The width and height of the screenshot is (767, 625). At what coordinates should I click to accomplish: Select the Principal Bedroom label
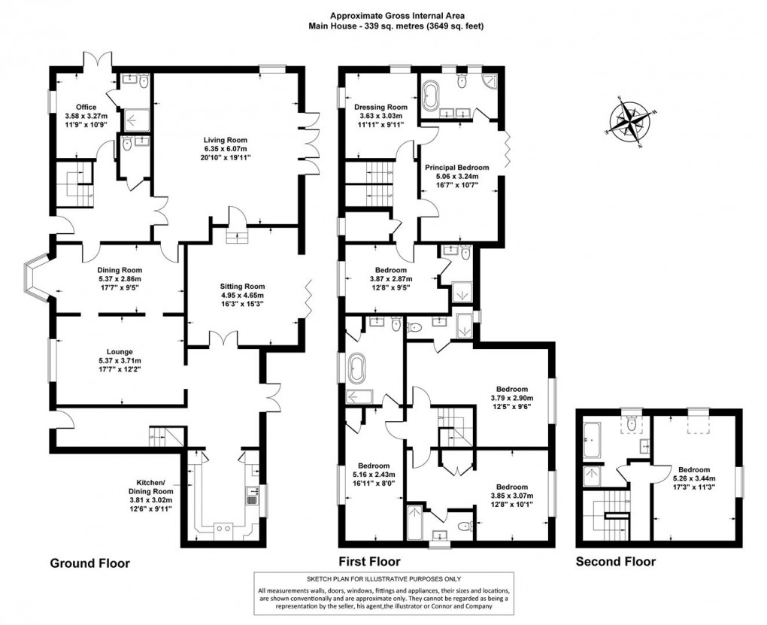(456, 167)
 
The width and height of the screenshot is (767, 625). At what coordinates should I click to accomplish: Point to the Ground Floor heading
(89, 562)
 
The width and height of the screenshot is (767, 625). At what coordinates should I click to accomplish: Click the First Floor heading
(368, 562)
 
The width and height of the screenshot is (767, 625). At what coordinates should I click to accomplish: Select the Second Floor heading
(615, 562)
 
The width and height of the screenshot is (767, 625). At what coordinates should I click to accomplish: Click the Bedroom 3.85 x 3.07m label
(511, 487)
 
